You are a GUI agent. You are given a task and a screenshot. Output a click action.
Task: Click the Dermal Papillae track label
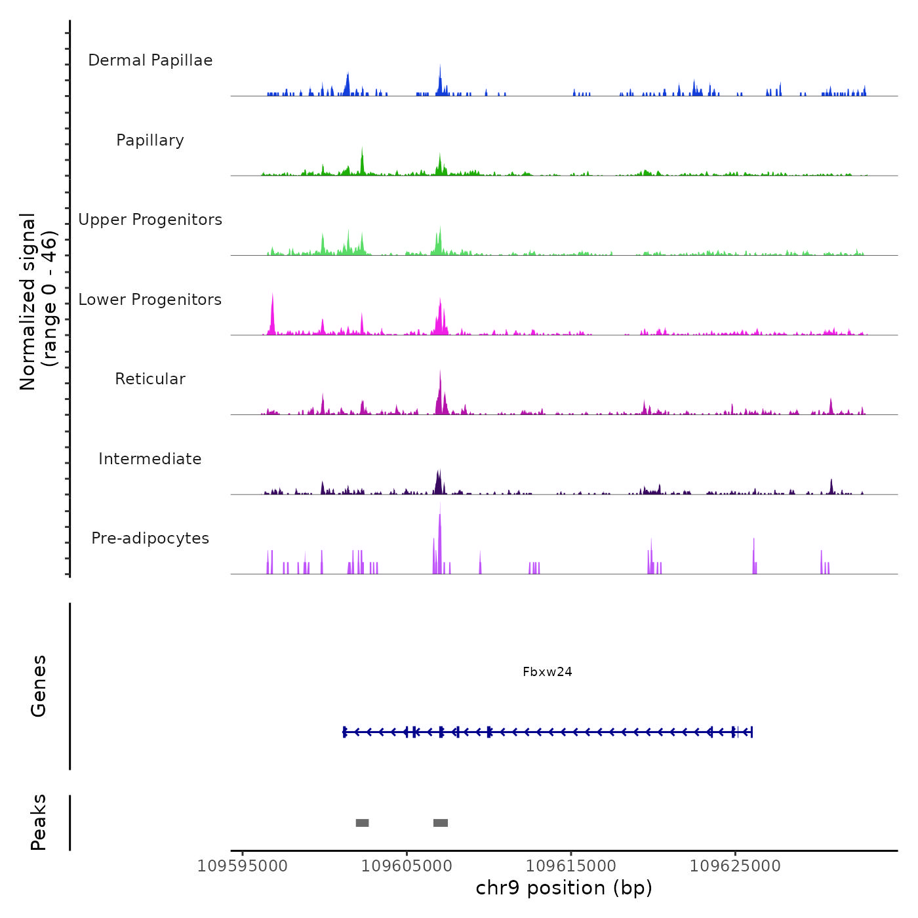coord(150,60)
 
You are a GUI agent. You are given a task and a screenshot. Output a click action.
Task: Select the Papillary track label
coord(150,140)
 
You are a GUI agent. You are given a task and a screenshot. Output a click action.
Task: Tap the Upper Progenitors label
coord(150,220)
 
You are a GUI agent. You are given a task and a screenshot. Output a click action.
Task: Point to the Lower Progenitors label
coord(150,300)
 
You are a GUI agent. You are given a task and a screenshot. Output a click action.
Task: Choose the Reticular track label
coord(150,379)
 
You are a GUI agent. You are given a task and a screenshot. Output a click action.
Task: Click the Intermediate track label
coord(150,459)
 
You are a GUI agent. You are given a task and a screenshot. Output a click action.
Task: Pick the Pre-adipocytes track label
coord(150,538)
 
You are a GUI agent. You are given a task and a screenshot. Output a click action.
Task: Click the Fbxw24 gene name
coord(548,672)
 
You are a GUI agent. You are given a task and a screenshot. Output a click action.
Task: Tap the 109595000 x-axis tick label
coord(243,866)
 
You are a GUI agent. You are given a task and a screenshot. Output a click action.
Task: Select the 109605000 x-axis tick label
coord(407,866)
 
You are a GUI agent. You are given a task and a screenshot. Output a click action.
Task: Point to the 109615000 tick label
coord(571,866)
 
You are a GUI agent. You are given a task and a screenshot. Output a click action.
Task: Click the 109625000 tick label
coord(735,866)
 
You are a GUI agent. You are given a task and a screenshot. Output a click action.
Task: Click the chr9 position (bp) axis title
coord(564,888)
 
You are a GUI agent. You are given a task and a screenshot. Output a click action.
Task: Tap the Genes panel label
coord(39,686)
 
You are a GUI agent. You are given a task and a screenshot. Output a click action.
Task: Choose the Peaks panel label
coord(39,822)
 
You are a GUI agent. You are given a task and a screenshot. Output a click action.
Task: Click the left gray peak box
coord(362,823)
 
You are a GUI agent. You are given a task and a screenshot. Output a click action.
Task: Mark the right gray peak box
coord(441,823)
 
